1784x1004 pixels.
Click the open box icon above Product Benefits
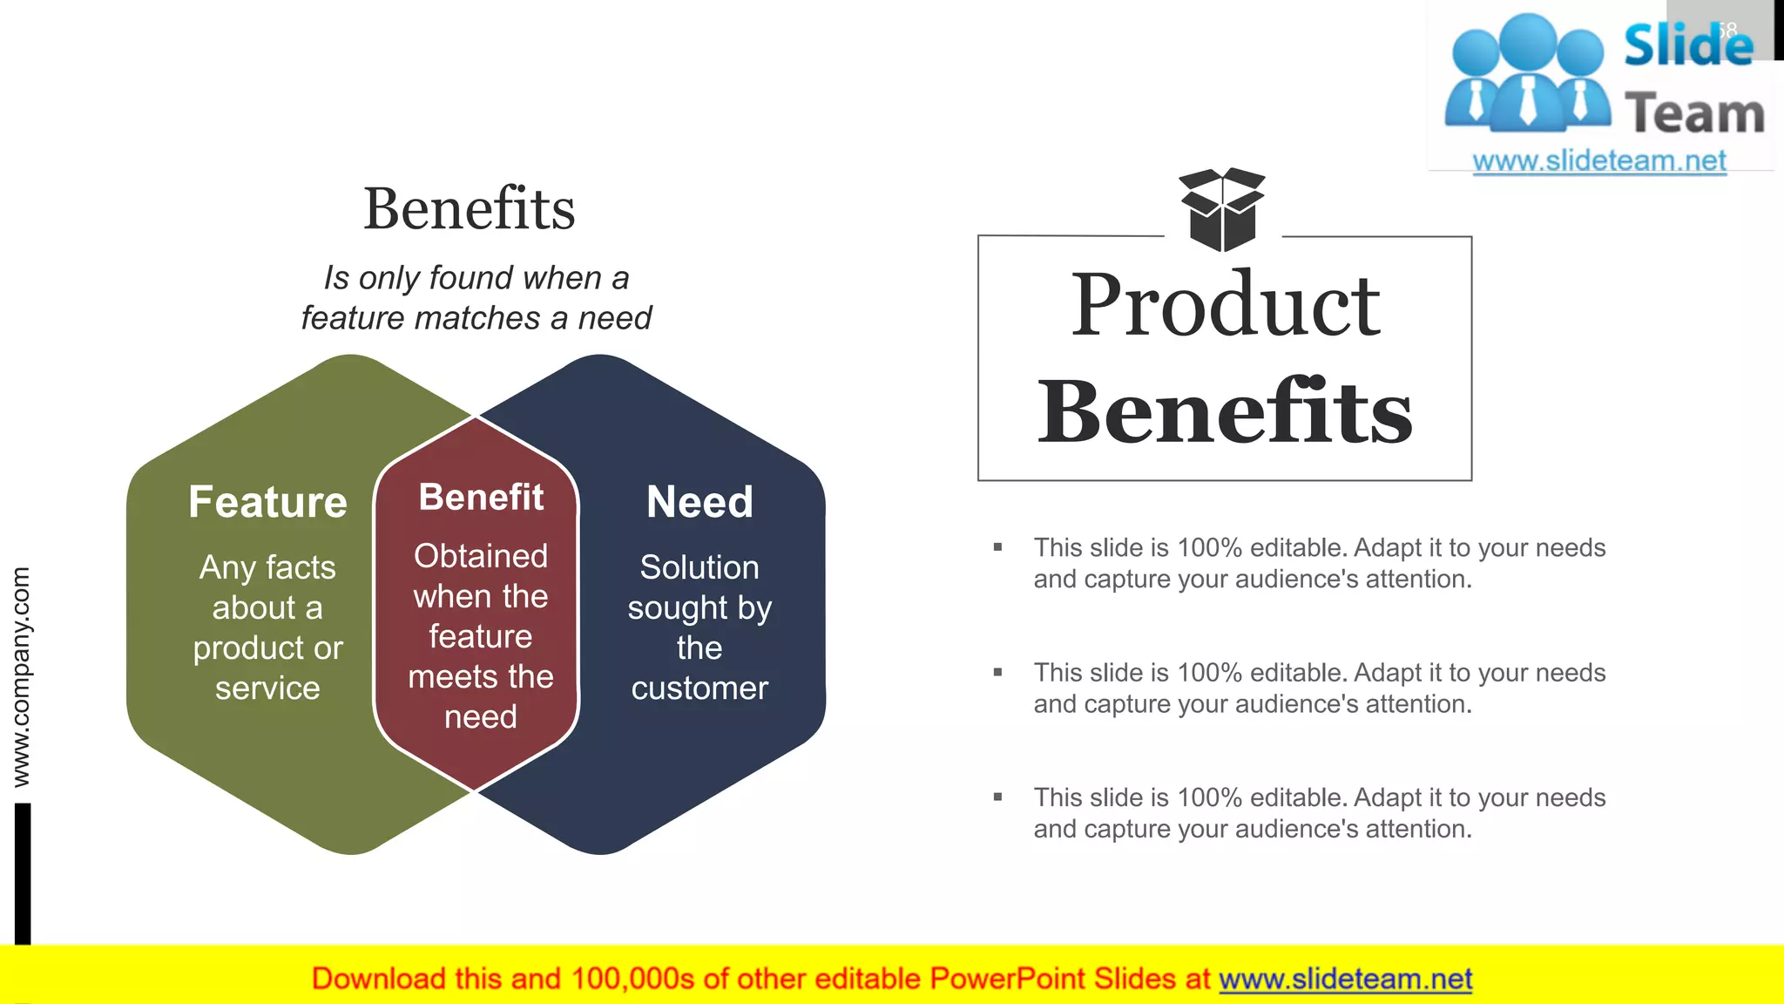click(1221, 209)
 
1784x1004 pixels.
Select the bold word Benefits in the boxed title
click(1225, 411)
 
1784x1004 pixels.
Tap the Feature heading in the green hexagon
click(267, 502)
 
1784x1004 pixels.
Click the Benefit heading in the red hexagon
click(481, 498)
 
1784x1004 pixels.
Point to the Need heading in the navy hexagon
click(699, 502)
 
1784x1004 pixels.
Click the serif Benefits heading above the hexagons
click(470, 209)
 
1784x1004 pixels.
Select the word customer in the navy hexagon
click(699, 689)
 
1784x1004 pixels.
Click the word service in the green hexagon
click(267, 689)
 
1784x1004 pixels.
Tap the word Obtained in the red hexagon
click(481, 556)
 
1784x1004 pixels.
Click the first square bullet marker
click(998, 548)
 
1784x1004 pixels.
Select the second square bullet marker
click(998, 673)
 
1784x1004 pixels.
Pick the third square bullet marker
click(998, 797)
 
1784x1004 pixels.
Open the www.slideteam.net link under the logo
click(1599, 161)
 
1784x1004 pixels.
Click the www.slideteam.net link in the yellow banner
click(1345, 980)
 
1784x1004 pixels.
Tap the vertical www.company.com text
click(21, 677)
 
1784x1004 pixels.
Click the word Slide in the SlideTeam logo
click(1688, 45)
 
